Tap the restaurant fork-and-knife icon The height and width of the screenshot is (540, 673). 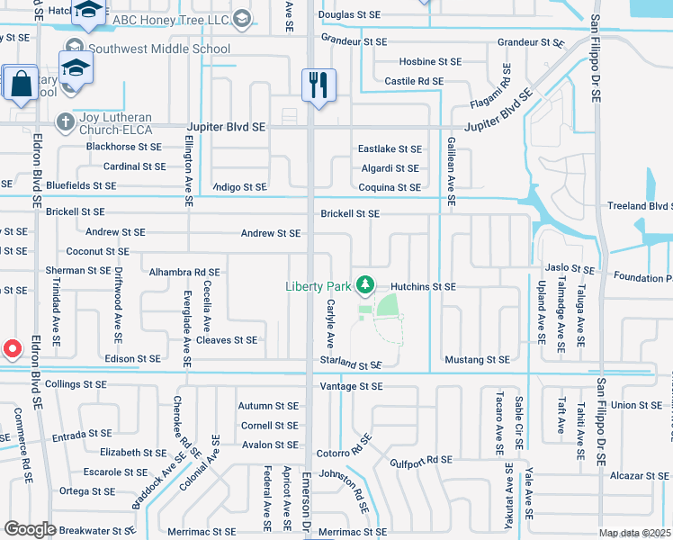coord(319,85)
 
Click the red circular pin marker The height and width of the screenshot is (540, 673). coord(12,348)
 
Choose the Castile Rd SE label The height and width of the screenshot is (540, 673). coord(414,81)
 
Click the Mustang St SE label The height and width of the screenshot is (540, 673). coord(477,360)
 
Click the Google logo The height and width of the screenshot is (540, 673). coord(30,529)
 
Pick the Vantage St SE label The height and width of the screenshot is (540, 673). coord(351,386)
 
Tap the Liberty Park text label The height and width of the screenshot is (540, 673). coord(318,286)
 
